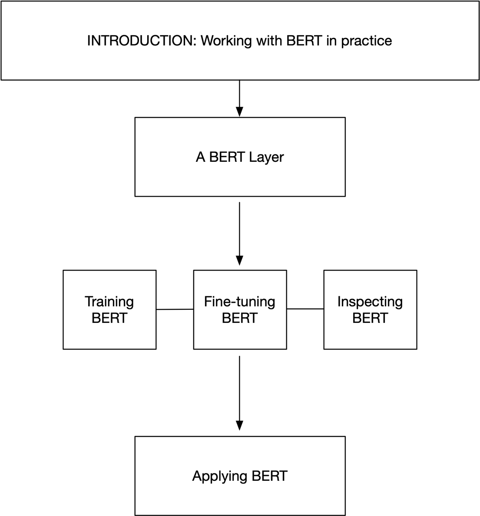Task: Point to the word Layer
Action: [x=266, y=157]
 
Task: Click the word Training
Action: [x=109, y=302]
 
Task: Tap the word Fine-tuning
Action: [x=240, y=302]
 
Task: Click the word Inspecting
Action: [x=370, y=302]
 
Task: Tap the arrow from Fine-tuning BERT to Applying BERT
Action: [x=239, y=387]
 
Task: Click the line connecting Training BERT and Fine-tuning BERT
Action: [x=175, y=309]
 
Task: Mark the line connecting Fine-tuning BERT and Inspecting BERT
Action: [x=305, y=309]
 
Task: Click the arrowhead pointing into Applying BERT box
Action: [x=239, y=426]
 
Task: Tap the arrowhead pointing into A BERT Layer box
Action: [x=239, y=112]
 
